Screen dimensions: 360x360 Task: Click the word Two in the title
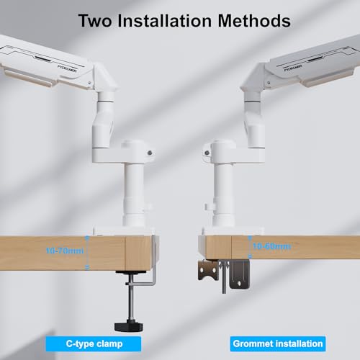95,21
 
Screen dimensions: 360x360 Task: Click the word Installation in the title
165,21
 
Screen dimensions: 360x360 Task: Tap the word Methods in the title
254,21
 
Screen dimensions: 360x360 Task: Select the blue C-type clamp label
94,344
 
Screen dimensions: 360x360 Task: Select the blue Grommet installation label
278,344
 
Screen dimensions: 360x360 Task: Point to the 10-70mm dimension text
65,251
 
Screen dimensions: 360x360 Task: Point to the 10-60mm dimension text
272,246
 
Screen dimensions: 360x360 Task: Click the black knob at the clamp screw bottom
129,326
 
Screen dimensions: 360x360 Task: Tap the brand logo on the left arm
67,68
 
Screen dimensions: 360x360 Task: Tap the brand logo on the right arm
293,68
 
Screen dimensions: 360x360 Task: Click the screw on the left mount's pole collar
150,153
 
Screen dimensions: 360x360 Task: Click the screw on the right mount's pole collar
207,153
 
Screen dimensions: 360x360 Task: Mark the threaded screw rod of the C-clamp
131,297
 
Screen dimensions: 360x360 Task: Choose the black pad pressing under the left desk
131,272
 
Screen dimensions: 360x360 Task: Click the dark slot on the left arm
43,58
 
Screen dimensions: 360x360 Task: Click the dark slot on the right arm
316,58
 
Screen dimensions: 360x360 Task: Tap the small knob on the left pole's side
149,206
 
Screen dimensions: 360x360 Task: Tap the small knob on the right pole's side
208,206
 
